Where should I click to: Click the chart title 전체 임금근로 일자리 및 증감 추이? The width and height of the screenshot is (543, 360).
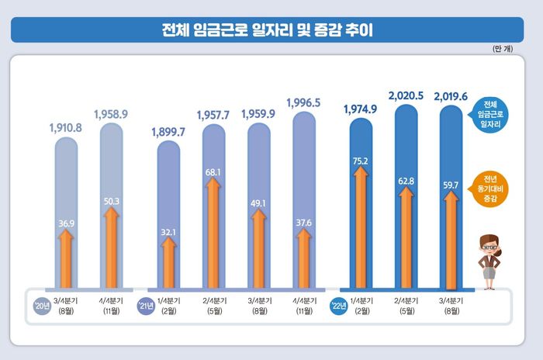271,30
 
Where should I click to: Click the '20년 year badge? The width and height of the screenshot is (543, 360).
41,304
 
